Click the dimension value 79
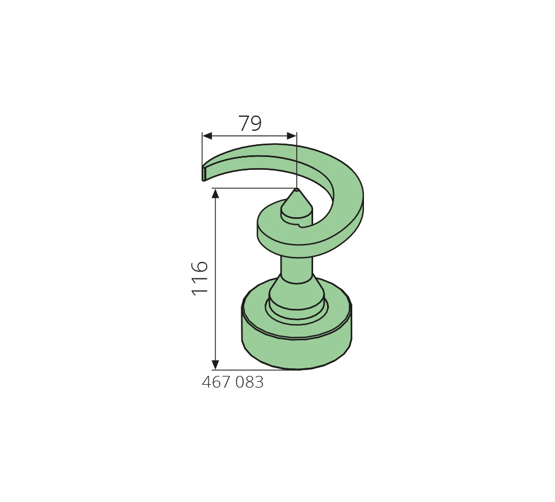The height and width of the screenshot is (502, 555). (x=250, y=123)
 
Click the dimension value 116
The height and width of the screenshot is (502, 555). (x=200, y=278)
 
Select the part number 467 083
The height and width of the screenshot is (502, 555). (x=233, y=382)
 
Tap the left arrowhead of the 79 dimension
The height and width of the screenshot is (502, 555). (x=207, y=136)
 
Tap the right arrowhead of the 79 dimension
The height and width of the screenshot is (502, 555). (x=292, y=136)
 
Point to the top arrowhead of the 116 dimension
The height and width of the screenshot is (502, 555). (x=215, y=194)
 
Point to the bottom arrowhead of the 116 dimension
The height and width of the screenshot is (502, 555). (x=215, y=365)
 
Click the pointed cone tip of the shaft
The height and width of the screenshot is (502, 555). (x=297, y=190)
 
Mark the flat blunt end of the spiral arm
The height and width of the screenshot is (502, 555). (x=204, y=174)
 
